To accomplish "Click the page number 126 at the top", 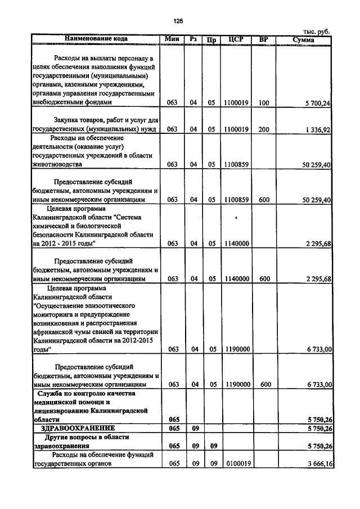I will [x=179, y=21].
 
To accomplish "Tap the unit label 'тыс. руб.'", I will [x=317, y=32].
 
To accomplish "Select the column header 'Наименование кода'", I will [x=96, y=39].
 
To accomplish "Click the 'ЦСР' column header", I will [x=236, y=39].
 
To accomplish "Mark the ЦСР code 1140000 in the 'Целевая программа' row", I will [x=236, y=244].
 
